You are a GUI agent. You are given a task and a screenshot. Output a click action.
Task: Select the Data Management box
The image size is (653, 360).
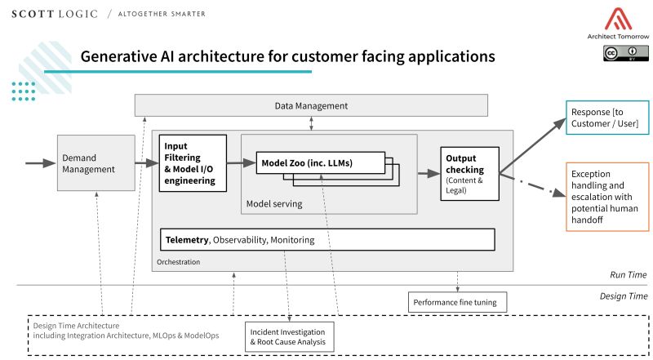(x=310, y=105)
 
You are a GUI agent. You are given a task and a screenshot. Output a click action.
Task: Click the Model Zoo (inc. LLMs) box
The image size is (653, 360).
(x=320, y=162)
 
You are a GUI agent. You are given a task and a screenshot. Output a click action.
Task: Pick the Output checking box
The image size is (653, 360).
(x=469, y=172)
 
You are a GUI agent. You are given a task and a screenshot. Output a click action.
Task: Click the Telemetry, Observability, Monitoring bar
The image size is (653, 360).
(x=327, y=240)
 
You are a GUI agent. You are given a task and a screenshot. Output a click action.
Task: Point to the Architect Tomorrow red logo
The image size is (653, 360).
(x=615, y=20)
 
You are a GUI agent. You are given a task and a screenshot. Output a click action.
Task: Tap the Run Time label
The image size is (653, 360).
(x=629, y=275)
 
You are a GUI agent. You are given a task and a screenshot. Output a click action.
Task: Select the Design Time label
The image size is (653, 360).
(x=624, y=296)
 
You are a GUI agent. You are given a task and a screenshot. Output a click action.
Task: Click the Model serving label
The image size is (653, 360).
(x=273, y=202)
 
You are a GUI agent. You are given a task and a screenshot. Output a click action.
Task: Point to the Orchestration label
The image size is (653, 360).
(x=178, y=262)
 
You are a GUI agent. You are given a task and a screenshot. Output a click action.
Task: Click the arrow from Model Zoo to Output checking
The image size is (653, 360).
(x=427, y=173)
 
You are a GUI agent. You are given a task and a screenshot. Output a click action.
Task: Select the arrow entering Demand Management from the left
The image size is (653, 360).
(x=41, y=163)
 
